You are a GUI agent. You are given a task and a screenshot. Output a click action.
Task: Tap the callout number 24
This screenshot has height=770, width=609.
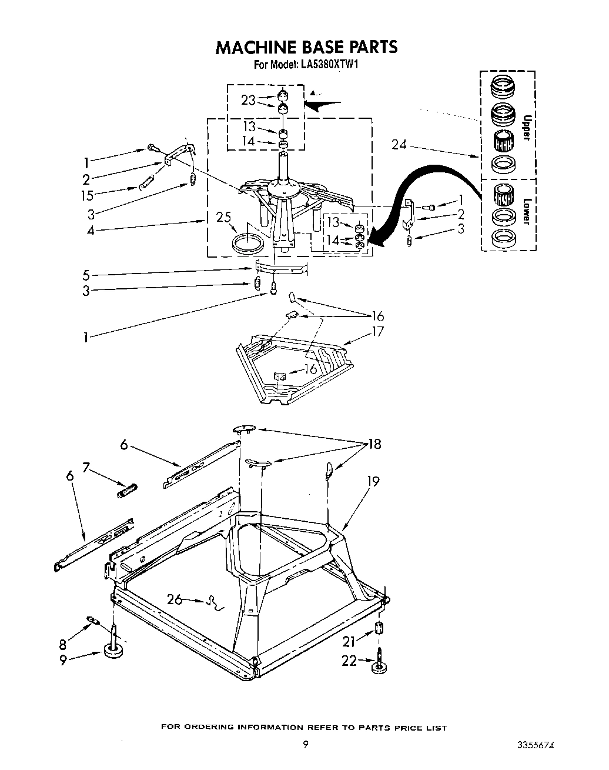399,144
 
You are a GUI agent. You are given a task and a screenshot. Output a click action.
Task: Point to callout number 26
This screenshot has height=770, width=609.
175,599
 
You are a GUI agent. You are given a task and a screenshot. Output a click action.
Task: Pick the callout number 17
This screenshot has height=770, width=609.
377,331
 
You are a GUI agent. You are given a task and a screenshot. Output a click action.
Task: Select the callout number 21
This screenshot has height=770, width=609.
349,642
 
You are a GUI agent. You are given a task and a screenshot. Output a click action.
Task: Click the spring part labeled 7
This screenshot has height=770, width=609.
128,490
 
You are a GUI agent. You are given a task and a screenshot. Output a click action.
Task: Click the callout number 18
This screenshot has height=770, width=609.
374,444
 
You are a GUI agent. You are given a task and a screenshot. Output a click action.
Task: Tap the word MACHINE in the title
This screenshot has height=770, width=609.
254,47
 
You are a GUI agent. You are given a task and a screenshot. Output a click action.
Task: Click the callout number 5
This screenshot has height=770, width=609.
86,274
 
